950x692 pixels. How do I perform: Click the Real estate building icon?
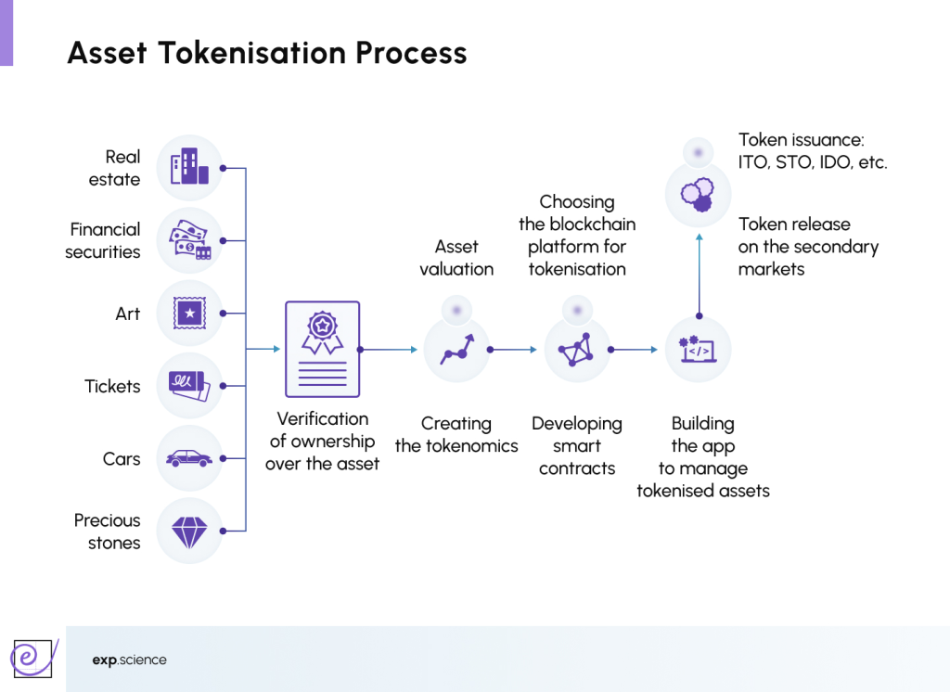click(189, 168)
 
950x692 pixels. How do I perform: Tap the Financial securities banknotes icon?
click(189, 240)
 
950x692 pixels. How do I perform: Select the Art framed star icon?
click(189, 314)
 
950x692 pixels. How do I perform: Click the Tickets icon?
click(189, 386)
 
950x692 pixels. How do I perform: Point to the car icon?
click(189, 458)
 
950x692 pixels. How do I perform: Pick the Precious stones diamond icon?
click(189, 531)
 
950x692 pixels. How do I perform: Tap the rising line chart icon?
click(456, 350)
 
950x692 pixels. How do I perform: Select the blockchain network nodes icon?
click(576, 350)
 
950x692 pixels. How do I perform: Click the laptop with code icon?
click(699, 350)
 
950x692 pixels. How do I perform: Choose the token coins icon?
click(698, 194)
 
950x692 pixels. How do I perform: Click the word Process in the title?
click(411, 53)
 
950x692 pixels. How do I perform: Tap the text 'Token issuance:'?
click(801, 140)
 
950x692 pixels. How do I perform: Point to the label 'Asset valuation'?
click(456, 258)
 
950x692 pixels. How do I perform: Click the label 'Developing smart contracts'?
click(576, 446)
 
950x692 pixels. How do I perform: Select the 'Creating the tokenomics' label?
click(456, 435)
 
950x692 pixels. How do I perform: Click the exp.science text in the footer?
click(130, 660)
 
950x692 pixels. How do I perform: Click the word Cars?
click(122, 459)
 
